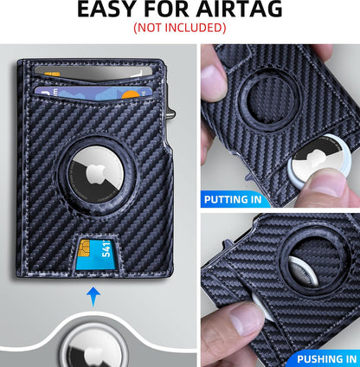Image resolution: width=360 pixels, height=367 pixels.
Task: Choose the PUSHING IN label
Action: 326,358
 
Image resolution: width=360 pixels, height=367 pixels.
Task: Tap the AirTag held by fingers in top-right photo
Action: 325,177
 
